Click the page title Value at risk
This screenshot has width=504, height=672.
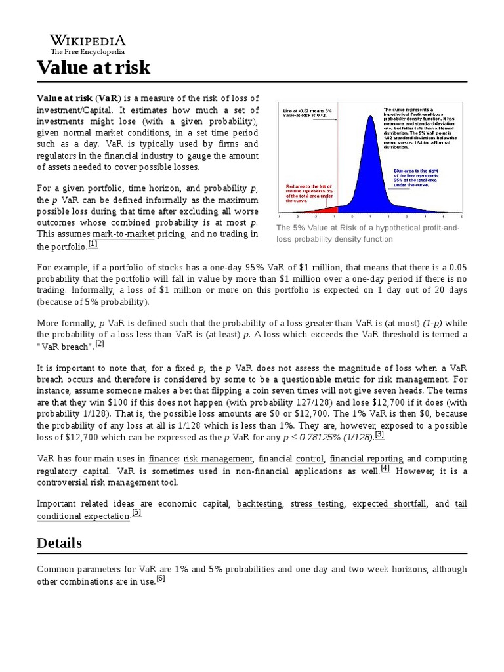[x=93, y=67]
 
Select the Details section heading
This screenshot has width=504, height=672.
[x=59, y=543]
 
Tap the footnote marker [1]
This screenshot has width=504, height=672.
[x=93, y=244]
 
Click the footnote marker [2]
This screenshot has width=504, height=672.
[x=100, y=343]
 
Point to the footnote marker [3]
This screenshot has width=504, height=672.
[x=379, y=434]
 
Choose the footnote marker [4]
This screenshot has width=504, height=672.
[x=385, y=468]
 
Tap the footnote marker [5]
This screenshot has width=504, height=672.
[x=136, y=513]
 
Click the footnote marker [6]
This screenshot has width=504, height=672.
[x=161, y=579]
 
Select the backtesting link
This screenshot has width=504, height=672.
[x=259, y=503]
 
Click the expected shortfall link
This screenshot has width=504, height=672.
[x=389, y=503]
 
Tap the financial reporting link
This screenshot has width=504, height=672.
[x=365, y=459]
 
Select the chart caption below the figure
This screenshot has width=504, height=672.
[x=368, y=234]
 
